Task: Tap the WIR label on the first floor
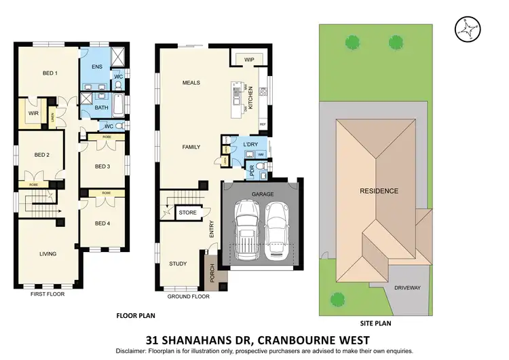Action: [x=32, y=113]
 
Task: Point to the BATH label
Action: [x=101, y=107]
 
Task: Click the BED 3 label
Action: [x=102, y=166]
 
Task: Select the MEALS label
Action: [x=191, y=83]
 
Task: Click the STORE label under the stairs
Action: [x=187, y=213]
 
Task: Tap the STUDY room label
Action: [x=178, y=264]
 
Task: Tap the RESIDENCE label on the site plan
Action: [x=379, y=191]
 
